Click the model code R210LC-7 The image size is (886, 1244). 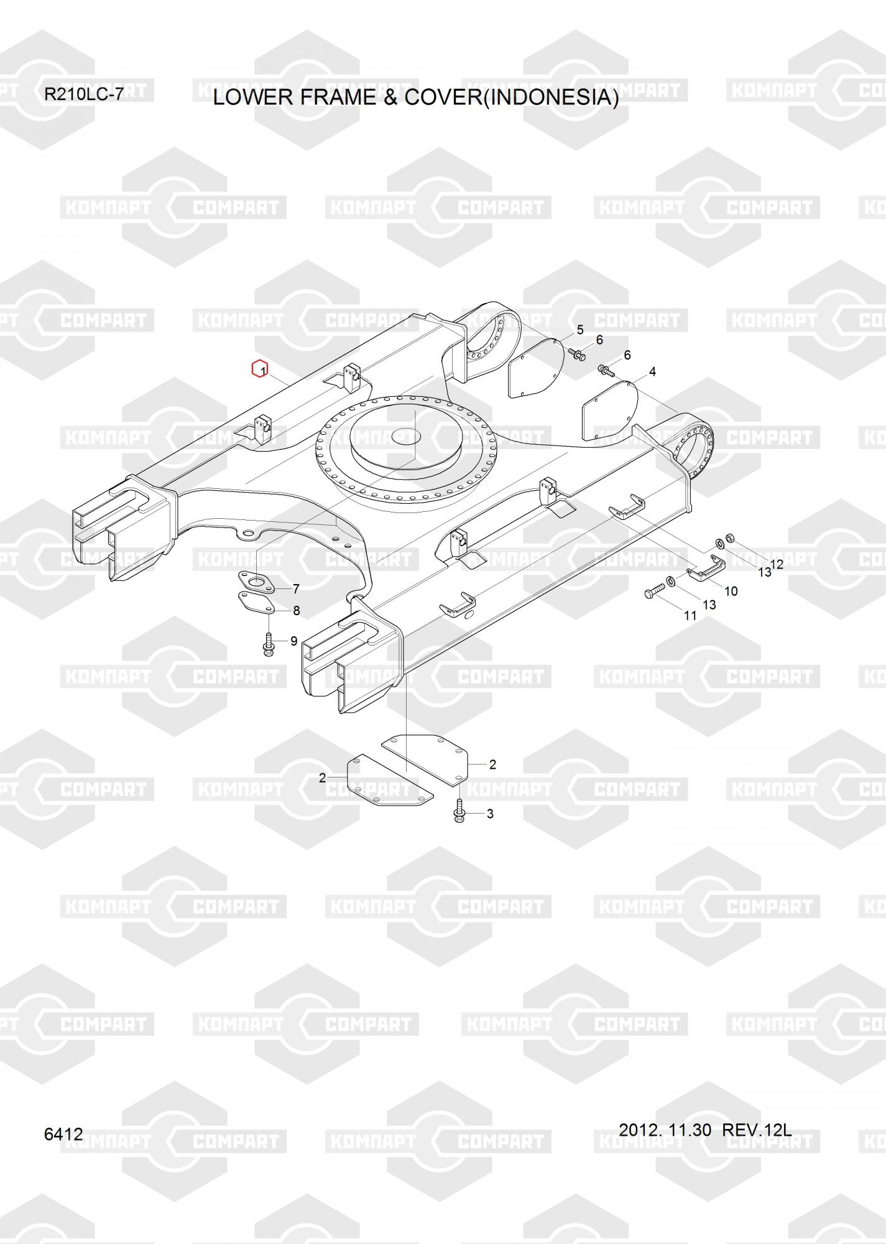click(84, 95)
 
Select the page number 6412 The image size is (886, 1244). click(63, 1133)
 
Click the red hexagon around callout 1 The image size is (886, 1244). click(259, 369)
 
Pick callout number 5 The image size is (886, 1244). click(580, 330)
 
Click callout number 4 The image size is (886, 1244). click(652, 372)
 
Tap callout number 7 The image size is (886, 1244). click(296, 588)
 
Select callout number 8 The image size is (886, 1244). click(296, 611)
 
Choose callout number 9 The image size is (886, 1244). click(293, 641)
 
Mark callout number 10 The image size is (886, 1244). click(731, 591)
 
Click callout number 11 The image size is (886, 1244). click(690, 616)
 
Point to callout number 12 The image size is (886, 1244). click(777, 564)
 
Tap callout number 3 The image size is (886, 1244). click(490, 814)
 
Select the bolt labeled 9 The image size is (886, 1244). click(268, 644)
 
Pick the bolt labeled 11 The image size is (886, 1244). click(652, 592)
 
